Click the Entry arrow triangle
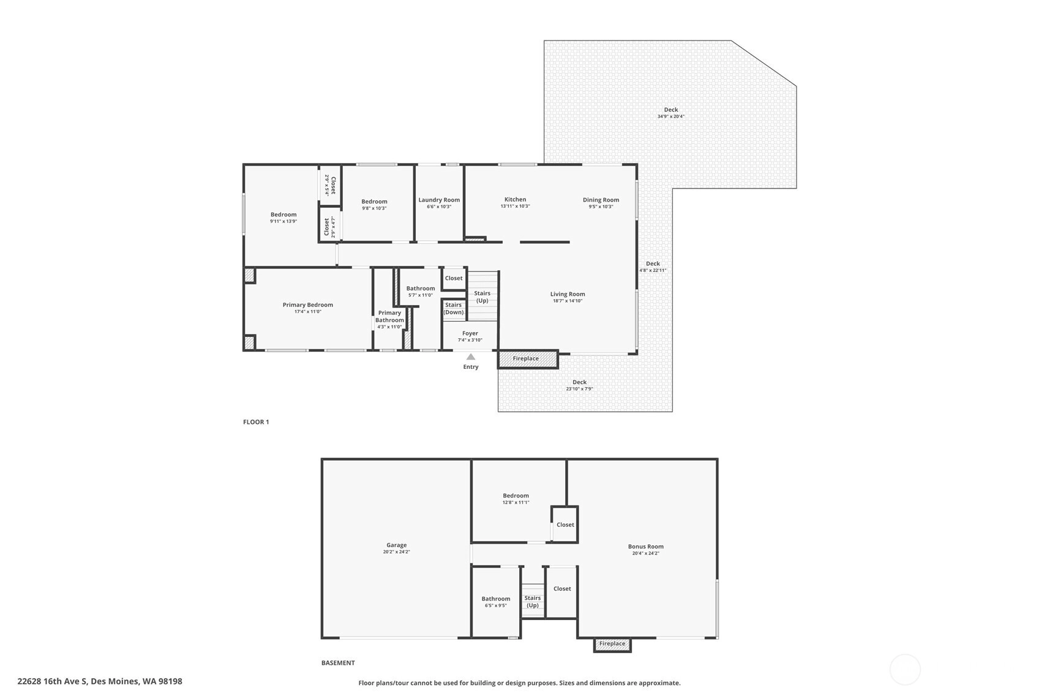click(x=471, y=357)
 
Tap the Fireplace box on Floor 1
click(x=528, y=359)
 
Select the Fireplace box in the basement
click(x=612, y=644)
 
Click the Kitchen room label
click(x=516, y=199)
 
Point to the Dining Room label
click(x=601, y=200)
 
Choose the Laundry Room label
click(x=439, y=200)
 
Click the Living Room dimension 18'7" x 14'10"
click(x=568, y=301)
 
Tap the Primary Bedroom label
click(x=308, y=305)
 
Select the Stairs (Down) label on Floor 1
click(x=454, y=309)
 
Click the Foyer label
click(x=470, y=333)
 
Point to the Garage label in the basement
click(x=397, y=545)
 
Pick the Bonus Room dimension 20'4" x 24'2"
click(x=646, y=553)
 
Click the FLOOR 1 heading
click(x=256, y=422)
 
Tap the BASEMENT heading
click(x=338, y=663)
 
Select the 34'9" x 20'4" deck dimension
click(x=670, y=116)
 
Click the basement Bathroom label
click(x=496, y=599)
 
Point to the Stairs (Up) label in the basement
click(x=533, y=602)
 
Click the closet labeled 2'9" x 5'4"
click(x=330, y=184)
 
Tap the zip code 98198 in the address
click(x=170, y=681)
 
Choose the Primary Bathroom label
click(x=389, y=317)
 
